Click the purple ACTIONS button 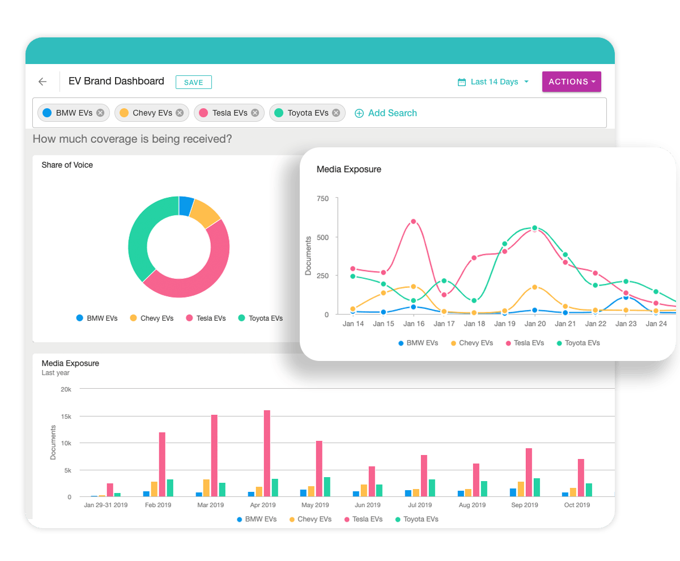[x=571, y=82]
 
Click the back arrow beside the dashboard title [x=42, y=82]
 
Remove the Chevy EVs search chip [x=180, y=113]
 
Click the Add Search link [x=386, y=113]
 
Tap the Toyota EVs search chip [x=307, y=113]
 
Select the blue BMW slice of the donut [x=186, y=206]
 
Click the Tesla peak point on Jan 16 [x=414, y=222]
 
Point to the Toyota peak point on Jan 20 [x=535, y=228]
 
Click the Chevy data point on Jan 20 [x=535, y=287]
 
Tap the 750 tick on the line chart [x=322, y=198]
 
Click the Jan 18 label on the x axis [x=474, y=324]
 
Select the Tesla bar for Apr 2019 [x=267, y=453]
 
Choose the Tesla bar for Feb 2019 [x=162, y=465]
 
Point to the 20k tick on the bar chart [x=66, y=389]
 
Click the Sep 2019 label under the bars [x=524, y=504]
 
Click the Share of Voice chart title [x=67, y=165]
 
